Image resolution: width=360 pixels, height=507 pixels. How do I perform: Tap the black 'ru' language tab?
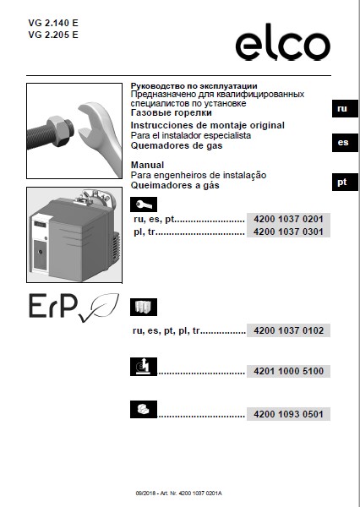tap(341, 109)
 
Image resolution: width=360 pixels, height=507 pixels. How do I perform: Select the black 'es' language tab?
tap(341, 143)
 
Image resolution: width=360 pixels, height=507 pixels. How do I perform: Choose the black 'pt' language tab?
tap(341, 183)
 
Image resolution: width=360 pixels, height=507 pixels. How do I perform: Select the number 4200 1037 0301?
tap(287, 232)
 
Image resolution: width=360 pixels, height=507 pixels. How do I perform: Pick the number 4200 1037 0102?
tap(287, 330)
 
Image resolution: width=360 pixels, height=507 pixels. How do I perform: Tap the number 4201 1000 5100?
tap(287, 371)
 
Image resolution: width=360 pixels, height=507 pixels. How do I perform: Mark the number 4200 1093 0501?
tap(287, 414)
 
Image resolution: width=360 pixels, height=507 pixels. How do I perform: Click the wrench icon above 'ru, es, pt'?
tap(143, 205)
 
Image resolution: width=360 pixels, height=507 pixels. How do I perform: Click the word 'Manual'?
tap(145, 165)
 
